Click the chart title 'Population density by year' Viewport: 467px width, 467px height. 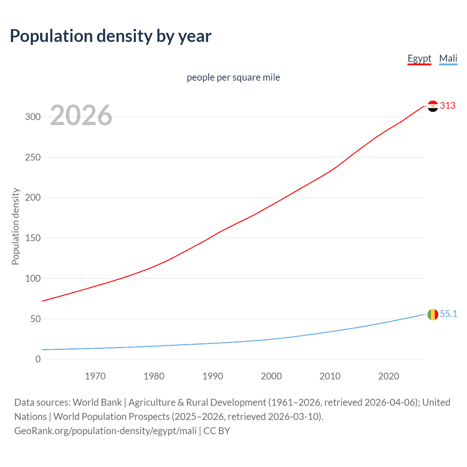coord(111,36)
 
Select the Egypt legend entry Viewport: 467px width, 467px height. coord(419,59)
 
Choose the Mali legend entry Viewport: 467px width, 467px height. coord(448,59)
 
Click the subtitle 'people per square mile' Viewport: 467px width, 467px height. coord(233,78)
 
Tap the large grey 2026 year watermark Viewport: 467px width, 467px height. coord(81,115)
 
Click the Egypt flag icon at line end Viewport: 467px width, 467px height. coord(433,106)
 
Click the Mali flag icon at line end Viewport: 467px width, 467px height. coord(433,314)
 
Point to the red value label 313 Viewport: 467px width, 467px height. coord(448,106)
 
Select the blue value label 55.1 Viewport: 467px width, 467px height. coord(448,314)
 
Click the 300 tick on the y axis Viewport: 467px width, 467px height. coord(32,117)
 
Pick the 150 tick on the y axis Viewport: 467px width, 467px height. coord(32,238)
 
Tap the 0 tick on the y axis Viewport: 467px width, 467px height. coord(38,359)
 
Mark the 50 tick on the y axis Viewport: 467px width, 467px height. coord(35,319)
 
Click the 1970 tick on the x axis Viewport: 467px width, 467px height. coord(95,376)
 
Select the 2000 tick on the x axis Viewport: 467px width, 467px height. coord(271,376)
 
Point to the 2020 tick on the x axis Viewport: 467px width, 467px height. coord(389,376)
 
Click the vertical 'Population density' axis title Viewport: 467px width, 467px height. coord(15,226)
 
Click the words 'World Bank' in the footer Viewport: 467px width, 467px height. coord(97,402)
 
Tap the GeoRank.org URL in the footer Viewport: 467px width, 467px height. coord(105,431)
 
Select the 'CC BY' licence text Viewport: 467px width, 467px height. coord(217,431)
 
